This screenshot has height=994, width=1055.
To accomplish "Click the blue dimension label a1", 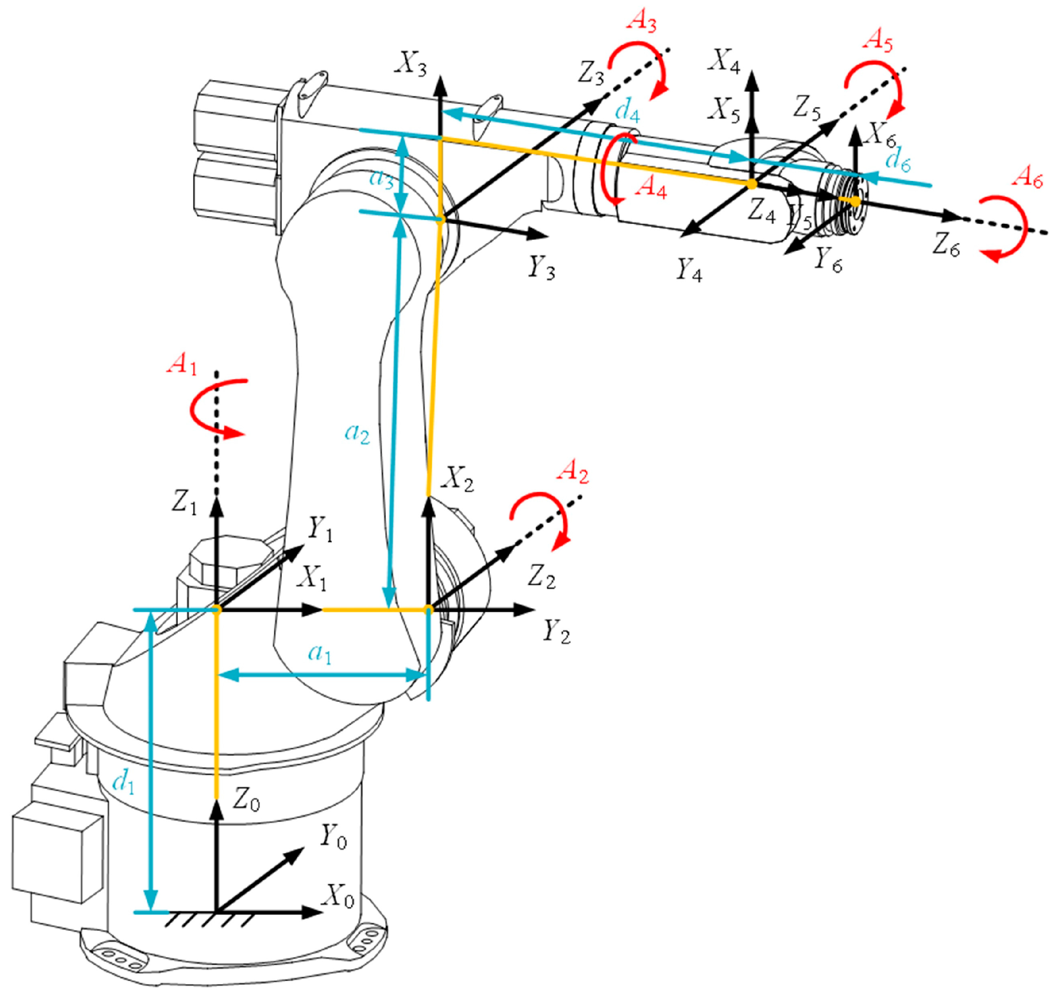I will [x=320, y=654].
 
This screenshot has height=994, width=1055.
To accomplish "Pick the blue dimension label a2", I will [x=357, y=433].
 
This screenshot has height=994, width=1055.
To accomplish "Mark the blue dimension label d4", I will [x=627, y=112].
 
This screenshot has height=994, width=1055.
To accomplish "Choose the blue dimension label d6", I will [x=898, y=160].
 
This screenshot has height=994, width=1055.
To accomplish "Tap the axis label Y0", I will [x=333, y=837].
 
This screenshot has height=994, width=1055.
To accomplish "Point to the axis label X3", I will [x=410, y=65].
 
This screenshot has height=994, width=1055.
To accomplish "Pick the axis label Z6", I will [x=946, y=246].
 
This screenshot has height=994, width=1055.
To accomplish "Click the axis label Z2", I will [x=541, y=577].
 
